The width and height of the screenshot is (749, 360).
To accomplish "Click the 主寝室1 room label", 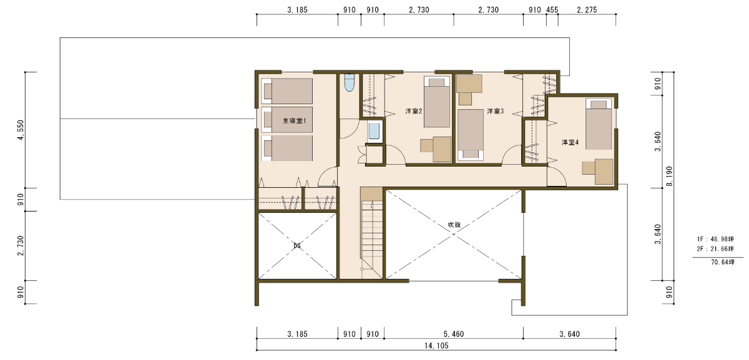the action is [x=294, y=120].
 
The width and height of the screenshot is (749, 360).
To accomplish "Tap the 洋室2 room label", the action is [x=414, y=111].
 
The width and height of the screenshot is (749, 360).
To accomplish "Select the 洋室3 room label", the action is [x=495, y=111].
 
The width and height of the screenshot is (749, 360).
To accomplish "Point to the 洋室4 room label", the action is [x=570, y=142].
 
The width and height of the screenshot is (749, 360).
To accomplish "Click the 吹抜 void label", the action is [x=454, y=225].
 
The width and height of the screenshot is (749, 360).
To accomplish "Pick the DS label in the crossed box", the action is [x=297, y=246].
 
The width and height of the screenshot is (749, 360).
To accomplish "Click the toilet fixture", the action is [x=349, y=82].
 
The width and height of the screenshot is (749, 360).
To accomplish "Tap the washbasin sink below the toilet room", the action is [x=374, y=132].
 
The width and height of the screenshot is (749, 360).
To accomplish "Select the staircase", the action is [x=371, y=233].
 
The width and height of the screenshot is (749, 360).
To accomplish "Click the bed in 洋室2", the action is [x=437, y=102].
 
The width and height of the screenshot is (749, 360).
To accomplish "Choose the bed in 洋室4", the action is [x=599, y=124].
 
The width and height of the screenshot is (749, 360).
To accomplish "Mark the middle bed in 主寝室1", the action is [x=287, y=120].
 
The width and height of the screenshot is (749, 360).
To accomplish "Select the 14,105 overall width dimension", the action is [x=436, y=346].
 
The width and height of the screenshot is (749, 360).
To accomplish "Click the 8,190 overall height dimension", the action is [x=669, y=177].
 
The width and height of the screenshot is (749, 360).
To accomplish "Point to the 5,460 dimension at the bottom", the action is [x=454, y=334].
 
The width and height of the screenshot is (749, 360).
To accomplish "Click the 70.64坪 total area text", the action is [x=723, y=262].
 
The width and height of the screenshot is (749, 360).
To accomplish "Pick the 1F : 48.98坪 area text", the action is [x=715, y=239].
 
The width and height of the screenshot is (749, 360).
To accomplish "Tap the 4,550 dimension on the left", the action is [x=21, y=130].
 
